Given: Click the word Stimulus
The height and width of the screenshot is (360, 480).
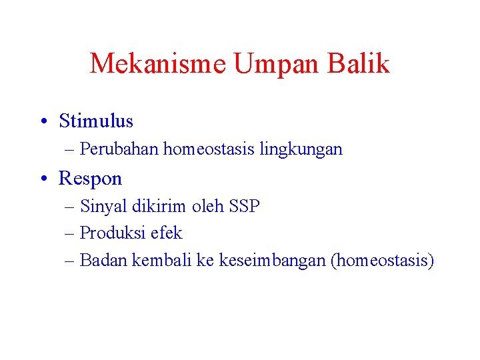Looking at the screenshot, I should pyautogui.click(x=96, y=121).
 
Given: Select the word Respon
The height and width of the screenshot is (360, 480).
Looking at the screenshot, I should pyautogui.click(x=91, y=179).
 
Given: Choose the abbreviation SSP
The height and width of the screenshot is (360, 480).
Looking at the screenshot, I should pyautogui.click(x=244, y=207).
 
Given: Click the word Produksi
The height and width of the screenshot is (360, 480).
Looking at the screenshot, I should pyautogui.click(x=109, y=233).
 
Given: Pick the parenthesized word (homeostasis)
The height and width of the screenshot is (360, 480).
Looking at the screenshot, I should pyautogui.click(x=382, y=261).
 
